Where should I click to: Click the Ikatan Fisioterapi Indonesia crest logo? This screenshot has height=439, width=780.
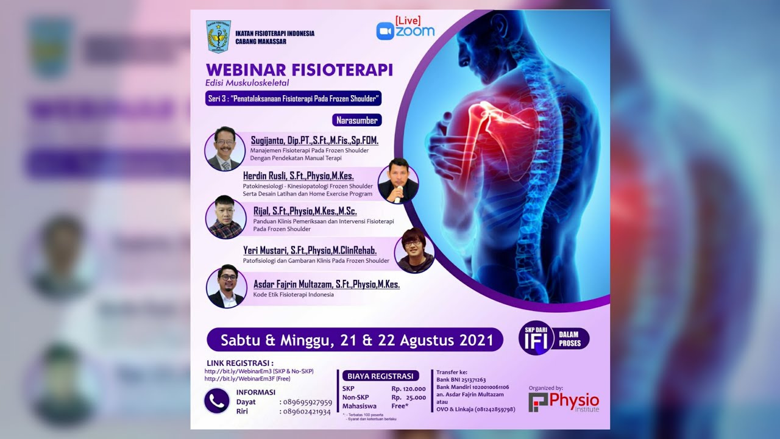click(219, 37)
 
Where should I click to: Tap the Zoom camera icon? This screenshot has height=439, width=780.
click(385, 31)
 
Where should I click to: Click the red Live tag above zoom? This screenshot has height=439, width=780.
click(408, 21)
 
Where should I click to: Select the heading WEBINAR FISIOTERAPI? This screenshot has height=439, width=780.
click(299, 70)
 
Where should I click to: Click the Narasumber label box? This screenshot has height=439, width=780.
click(357, 120)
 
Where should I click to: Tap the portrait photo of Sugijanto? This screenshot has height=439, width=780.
click(225, 149)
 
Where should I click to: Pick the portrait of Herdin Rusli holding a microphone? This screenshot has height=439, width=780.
click(398, 181)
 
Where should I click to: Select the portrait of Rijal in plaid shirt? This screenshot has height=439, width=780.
click(225, 217)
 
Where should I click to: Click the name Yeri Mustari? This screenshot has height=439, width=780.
click(310, 250)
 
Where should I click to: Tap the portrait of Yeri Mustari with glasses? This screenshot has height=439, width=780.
click(414, 250)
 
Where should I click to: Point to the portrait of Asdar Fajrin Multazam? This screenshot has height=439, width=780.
click(225, 286)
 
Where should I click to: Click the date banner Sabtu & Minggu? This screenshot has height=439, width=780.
click(355, 340)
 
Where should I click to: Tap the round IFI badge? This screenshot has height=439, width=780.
click(536, 338)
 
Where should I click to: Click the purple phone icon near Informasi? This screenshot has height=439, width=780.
click(217, 401)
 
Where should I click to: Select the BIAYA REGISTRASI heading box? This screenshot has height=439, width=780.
click(380, 376)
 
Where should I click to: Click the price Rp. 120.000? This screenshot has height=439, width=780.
click(408, 388)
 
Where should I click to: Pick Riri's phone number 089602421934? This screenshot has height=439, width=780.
click(307, 412)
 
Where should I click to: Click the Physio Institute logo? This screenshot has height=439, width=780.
click(564, 402)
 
